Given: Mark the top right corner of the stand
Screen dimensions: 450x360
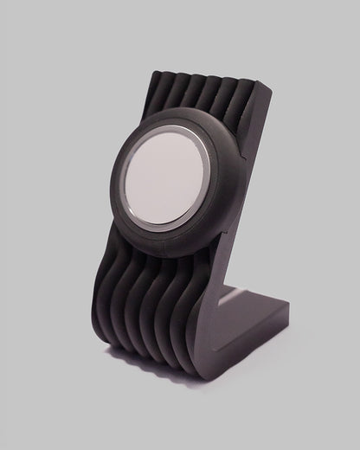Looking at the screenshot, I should (x=269, y=86).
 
